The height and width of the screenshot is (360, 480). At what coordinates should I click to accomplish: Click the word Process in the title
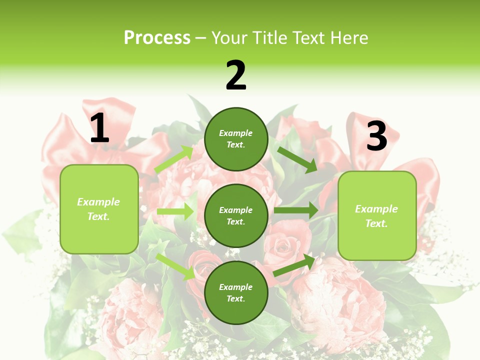157,38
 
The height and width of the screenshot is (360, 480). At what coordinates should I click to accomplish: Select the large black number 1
99,128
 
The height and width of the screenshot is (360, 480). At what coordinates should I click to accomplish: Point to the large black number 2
236,75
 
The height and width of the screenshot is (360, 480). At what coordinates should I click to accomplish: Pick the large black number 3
376,136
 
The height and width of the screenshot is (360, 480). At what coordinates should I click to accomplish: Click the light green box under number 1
99,209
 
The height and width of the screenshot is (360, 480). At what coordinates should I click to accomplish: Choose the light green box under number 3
377,215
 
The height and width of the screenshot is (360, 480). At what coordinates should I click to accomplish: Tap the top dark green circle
236,139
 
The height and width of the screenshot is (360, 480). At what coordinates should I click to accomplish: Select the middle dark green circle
236,215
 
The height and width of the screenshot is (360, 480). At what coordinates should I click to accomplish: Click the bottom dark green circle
236,292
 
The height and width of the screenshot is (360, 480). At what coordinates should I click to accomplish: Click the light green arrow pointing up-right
174,159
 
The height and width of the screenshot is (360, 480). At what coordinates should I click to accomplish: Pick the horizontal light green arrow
175,212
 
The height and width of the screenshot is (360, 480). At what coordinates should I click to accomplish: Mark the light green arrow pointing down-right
175,266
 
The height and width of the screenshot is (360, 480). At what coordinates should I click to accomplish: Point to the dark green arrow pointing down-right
297,159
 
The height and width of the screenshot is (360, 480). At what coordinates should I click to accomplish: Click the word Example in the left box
98,202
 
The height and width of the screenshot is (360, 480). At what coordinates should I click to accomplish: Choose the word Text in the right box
375,223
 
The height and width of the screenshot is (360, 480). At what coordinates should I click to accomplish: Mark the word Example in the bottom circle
236,287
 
